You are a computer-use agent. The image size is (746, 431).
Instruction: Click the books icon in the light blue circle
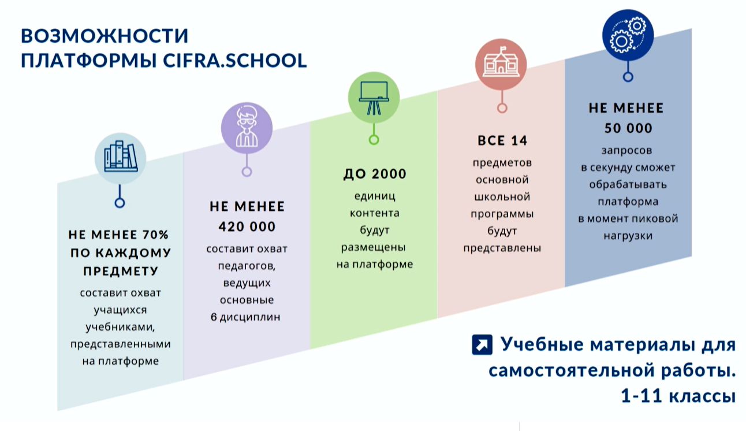click(121, 157)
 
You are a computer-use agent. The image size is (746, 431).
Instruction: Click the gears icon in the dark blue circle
click(628, 35)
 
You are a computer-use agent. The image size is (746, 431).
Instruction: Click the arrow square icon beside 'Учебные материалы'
click(482, 345)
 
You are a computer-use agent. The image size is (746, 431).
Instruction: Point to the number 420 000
click(247, 226)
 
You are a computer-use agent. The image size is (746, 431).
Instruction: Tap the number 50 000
click(628, 128)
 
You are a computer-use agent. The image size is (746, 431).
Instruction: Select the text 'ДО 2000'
click(375, 174)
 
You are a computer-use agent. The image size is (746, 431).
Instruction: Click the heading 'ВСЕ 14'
click(502, 140)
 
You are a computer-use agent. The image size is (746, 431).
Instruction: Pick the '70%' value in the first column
click(155, 235)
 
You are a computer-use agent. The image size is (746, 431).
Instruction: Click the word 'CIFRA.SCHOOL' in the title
click(235, 60)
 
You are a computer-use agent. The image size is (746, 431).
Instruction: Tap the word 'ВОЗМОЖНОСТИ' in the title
click(105, 36)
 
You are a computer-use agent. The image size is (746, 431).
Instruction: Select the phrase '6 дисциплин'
click(245, 317)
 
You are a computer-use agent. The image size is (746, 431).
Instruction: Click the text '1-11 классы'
click(678, 396)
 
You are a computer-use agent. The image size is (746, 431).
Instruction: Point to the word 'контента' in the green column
click(375, 213)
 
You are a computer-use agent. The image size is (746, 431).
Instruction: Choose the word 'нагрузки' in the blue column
click(628, 236)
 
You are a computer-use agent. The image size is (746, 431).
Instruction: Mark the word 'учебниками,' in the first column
click(121, 327)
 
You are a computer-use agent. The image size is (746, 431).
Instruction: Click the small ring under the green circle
click(374, 140)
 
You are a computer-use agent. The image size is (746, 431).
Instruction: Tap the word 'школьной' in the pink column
click(502, 196)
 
